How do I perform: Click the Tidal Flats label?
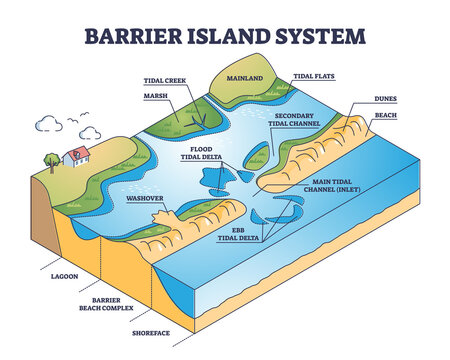[x=316, y=76]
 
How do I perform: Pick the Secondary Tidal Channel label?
[x=299, y=122]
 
